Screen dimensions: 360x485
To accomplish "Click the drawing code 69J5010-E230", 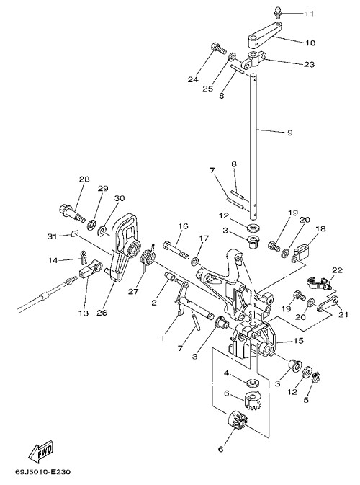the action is (43, 472).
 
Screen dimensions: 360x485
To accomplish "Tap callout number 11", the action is (310, 14).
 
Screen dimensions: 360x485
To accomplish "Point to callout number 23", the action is (310, 64).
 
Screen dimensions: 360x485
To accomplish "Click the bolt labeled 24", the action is (218, 48).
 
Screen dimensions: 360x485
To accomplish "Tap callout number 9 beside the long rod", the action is (289, 133).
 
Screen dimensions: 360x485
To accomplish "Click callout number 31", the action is (53, 236).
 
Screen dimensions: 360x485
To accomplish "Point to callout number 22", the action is (337, 270).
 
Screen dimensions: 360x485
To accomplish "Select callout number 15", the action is (299, 341).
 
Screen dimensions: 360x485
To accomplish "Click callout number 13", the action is (84, 313).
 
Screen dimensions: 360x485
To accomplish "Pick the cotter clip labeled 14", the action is (84, 257).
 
